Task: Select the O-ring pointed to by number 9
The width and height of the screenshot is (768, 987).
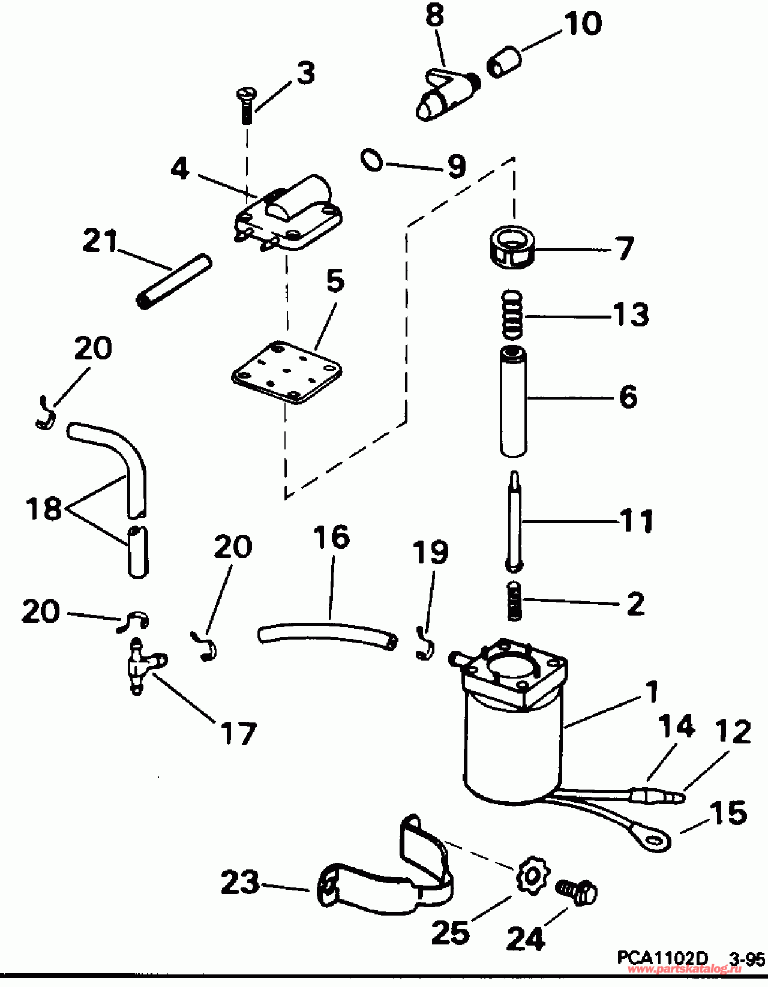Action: coord(372,160)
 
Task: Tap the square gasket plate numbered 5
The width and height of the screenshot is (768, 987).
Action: coord(287,373)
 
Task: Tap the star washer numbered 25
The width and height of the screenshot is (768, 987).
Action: coord(531,877)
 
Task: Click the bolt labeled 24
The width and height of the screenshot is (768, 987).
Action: coord(577,892)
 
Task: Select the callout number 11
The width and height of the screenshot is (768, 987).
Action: coord(637,521)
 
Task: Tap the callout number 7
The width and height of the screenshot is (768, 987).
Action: coord(625,248)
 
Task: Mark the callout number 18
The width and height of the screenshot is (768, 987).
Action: coord(44,509)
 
